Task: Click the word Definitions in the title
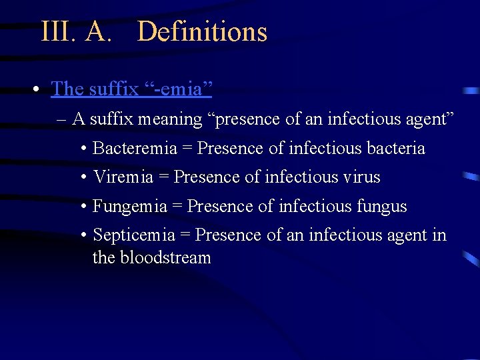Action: [202, 32]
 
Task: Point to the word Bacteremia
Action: [135, 148]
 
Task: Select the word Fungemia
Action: [130, 207]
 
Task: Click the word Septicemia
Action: [134, 235]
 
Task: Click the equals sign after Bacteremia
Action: [187, 149]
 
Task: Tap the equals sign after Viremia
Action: [164, 178]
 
